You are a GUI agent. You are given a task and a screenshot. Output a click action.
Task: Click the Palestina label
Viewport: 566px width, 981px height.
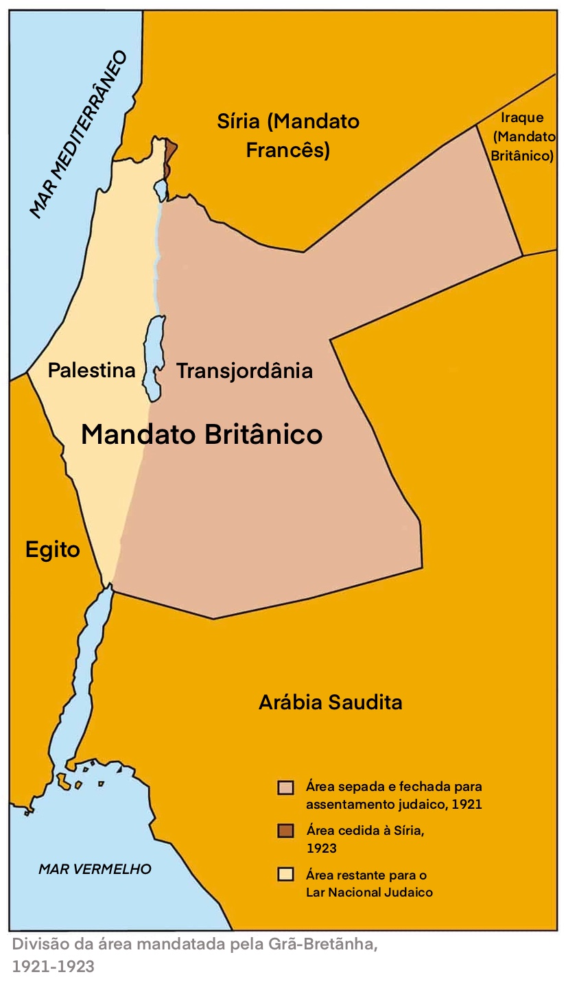click(x=91, y=370)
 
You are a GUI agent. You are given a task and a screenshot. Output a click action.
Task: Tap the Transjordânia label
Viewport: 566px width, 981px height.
click(x=244, y=371)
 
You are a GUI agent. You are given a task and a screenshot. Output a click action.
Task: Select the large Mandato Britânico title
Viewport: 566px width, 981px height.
click(x=202, y=434)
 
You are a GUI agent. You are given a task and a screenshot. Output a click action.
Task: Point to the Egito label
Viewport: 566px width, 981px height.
click(x=53, y=549)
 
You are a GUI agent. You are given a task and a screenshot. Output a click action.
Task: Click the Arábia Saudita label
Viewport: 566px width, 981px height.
click(x=330, y=702)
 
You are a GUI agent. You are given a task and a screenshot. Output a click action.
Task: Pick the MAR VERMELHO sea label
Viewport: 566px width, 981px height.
click(x=95, y=869)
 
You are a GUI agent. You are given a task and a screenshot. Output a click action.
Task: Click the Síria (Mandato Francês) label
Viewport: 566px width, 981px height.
click(x=288, y=136)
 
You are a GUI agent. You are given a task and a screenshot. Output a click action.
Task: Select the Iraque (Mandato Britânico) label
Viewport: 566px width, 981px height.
click(x=523, y=137)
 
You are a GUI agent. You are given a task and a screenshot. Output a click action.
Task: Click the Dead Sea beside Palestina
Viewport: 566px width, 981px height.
click(x=153, y=353)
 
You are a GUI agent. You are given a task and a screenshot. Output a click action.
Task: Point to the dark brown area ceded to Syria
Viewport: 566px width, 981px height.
click(x=170, y=155)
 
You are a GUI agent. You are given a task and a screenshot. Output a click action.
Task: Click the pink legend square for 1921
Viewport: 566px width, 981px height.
click(x=285, y=787)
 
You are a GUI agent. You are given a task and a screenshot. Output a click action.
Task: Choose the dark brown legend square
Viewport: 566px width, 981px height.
click(x=285, y=831)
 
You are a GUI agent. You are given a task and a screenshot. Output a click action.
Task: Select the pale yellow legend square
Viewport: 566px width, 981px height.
click(x=285, y=875)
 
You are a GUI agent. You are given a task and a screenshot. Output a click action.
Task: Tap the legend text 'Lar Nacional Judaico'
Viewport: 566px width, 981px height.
click(x=369, y=893)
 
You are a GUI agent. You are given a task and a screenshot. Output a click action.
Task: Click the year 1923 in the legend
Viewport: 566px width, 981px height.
click(x=321, y=849)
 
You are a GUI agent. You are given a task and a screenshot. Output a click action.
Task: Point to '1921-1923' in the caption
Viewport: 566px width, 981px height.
click(x=53, y=967)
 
